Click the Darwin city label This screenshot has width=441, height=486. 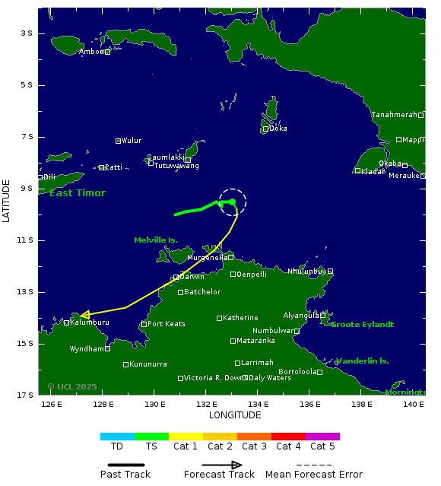192,277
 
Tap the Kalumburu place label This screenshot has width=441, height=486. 89,322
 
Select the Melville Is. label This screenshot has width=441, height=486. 156,240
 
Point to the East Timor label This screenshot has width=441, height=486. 78,193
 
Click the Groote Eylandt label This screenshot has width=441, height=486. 362,325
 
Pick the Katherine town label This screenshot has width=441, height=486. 240,318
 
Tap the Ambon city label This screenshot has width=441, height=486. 91,52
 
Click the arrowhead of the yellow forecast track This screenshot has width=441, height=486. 84,314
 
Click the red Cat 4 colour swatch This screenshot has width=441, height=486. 288,437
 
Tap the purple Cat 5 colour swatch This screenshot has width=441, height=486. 322,437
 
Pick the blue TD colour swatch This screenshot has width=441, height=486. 117,437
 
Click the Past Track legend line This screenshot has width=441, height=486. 125,465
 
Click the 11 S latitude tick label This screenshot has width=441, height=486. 26,240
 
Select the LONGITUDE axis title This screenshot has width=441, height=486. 235,415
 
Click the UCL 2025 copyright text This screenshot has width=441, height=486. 72,386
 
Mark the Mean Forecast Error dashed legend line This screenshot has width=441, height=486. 314,465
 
